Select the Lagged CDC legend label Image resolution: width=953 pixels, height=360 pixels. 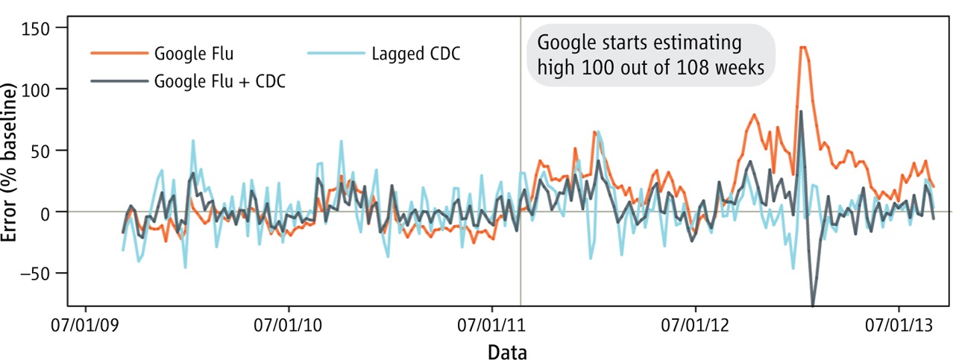point(415,54)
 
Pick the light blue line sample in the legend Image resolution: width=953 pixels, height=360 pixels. point(336,54)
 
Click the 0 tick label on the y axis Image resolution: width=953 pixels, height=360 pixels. point(60,212)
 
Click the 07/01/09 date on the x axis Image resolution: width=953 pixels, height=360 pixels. point(86,326)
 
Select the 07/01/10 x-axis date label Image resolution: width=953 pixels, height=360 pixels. point(289,326)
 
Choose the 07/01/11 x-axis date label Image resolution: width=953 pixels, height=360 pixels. point(492,326)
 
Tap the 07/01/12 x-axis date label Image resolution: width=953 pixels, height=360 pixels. point(695,326)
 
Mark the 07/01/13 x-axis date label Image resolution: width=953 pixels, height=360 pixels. point(899,326)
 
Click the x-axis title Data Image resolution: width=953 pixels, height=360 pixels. point(507,351)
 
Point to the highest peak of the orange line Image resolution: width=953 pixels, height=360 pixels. point(803,47)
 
